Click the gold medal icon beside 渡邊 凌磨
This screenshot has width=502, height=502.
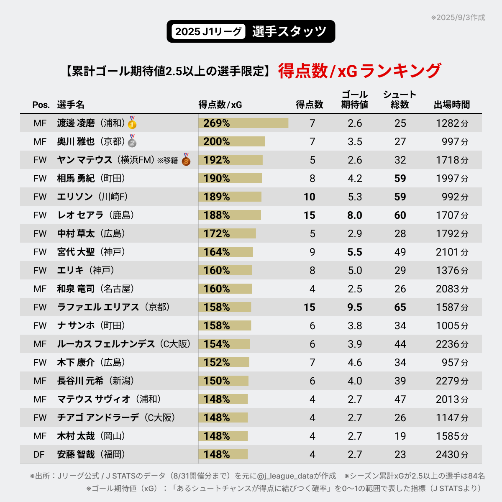pos(132,123)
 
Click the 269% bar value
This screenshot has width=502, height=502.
pos(217,123)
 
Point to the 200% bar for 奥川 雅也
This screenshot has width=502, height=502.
pos(232,141)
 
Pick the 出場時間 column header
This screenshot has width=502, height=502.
pos(451,105)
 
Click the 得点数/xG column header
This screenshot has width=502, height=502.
pos(220,105)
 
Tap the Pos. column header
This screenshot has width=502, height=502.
pos(41,105)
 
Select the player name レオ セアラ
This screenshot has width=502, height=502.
pos(80,215)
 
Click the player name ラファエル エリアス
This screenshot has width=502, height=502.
pos(98,307)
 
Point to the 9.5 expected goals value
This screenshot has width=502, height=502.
pos(355,307)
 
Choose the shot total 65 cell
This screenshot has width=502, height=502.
pos(400,307)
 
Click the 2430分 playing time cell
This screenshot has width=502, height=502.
pos(452,454)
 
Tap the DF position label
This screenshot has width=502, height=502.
pos(39,454)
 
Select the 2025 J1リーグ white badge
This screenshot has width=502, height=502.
pos(208,31)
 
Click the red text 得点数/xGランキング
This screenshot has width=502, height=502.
pos(359,71)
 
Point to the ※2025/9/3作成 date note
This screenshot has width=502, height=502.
pos(458,18)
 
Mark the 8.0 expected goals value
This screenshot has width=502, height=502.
pos(355,215)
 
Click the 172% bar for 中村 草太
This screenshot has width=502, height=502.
pos(227,233)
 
